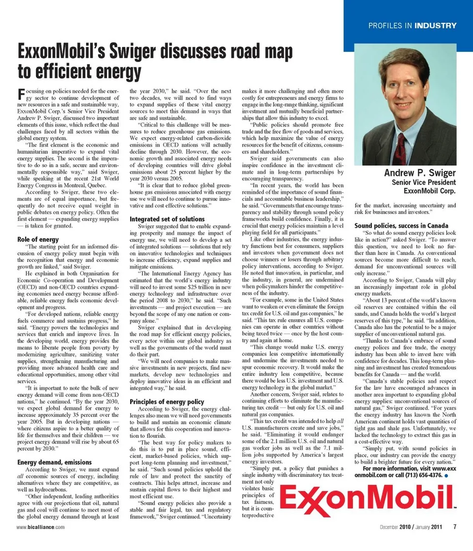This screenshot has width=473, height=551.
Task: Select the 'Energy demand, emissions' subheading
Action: (x=54, y=462)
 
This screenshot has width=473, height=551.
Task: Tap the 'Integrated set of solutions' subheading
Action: (x=167, y=219)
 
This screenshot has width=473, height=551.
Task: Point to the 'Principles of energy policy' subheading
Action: (x=167, y=402)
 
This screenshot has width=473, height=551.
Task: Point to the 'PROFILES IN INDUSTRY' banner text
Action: (x=412, y=25)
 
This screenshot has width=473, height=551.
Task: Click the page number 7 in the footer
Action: (x=455, y=526)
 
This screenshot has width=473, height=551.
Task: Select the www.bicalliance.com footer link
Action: (x=40, y=527)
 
